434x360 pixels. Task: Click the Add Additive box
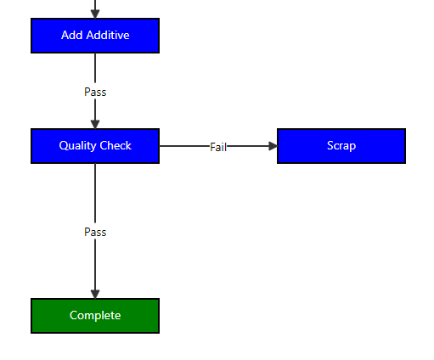(95, 36)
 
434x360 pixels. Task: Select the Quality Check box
(95, 146)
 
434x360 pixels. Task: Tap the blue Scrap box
(341, 146)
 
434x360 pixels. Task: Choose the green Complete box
(95, 316)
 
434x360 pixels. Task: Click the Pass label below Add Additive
(95, 93)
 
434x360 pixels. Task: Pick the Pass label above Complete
(95, 233)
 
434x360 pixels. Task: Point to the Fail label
(218, 147)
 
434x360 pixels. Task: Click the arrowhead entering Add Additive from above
(95, 14)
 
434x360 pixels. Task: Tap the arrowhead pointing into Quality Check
(95, 124)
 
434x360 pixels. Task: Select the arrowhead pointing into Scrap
(273, 146)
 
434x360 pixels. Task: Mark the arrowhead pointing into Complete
(95, 294)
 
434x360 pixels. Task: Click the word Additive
(108, 35)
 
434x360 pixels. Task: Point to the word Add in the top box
(72, 35)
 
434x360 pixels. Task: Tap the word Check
(116, 145)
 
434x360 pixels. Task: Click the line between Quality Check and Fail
(184, 146)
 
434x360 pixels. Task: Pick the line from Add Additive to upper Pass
(95, 68)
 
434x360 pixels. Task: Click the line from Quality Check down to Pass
(95, 193)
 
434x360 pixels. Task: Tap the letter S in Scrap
(330, 145)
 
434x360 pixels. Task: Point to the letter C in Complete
(73, 315)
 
